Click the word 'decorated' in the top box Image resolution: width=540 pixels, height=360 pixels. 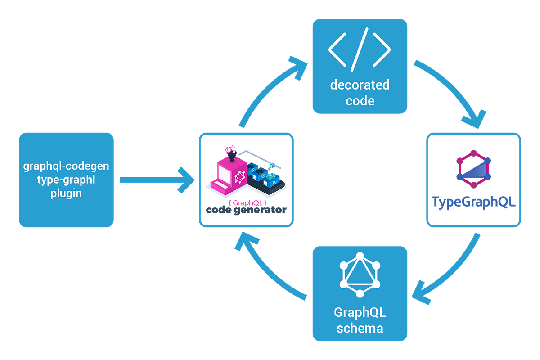click(x=360, y=85)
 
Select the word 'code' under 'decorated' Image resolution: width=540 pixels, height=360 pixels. click(x=360, y=100)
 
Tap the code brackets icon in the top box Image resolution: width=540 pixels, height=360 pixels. click(x=360, y=48)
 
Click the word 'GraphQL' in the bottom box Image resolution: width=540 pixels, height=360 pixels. click(x=360, y=312)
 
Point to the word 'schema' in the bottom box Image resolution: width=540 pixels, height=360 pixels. click(x=360, y=328)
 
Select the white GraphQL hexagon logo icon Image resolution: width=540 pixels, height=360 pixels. click(x=360, y=275)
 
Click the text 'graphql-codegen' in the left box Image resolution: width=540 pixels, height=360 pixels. click(x=66, y=166)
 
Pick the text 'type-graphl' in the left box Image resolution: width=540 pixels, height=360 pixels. click(x=66, y=180)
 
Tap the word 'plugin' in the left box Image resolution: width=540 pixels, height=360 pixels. click(x=66, y=193)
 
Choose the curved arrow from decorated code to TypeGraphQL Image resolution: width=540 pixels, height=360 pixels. click(x=454, y=90)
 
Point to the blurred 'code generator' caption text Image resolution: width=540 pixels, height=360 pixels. click(x=246, y=210)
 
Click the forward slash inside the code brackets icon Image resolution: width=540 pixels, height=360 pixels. click(x=360, y=48)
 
